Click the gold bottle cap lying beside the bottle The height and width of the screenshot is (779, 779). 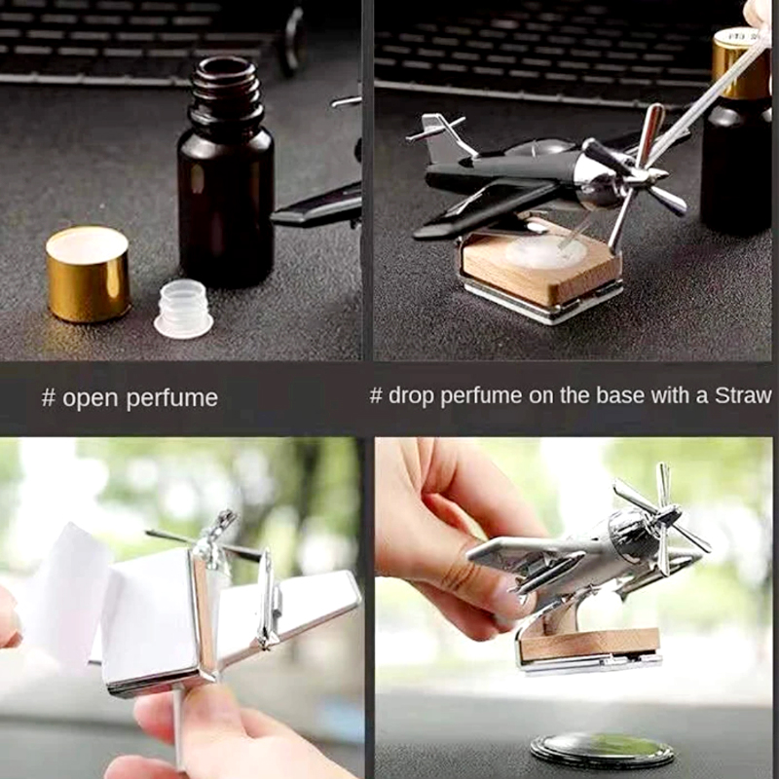click(89, 274)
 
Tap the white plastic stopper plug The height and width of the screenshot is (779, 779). click(184, 309)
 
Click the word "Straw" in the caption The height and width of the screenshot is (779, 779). click(743, 395)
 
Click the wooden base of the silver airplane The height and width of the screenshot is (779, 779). click(589, 644)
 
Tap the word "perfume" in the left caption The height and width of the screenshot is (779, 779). click(171, 399)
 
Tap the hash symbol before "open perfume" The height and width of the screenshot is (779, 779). click(48, 398)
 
